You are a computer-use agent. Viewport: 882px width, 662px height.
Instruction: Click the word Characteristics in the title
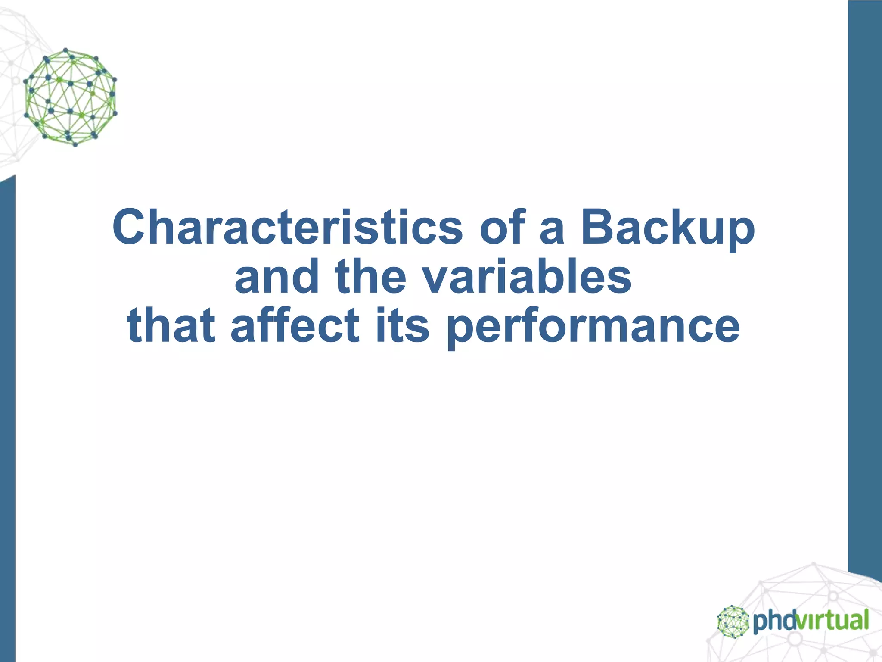tap(287, 227)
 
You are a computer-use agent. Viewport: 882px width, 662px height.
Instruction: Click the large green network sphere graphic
tap(70, 97)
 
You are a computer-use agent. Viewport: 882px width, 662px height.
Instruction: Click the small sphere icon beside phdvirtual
tap(733, 621)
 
